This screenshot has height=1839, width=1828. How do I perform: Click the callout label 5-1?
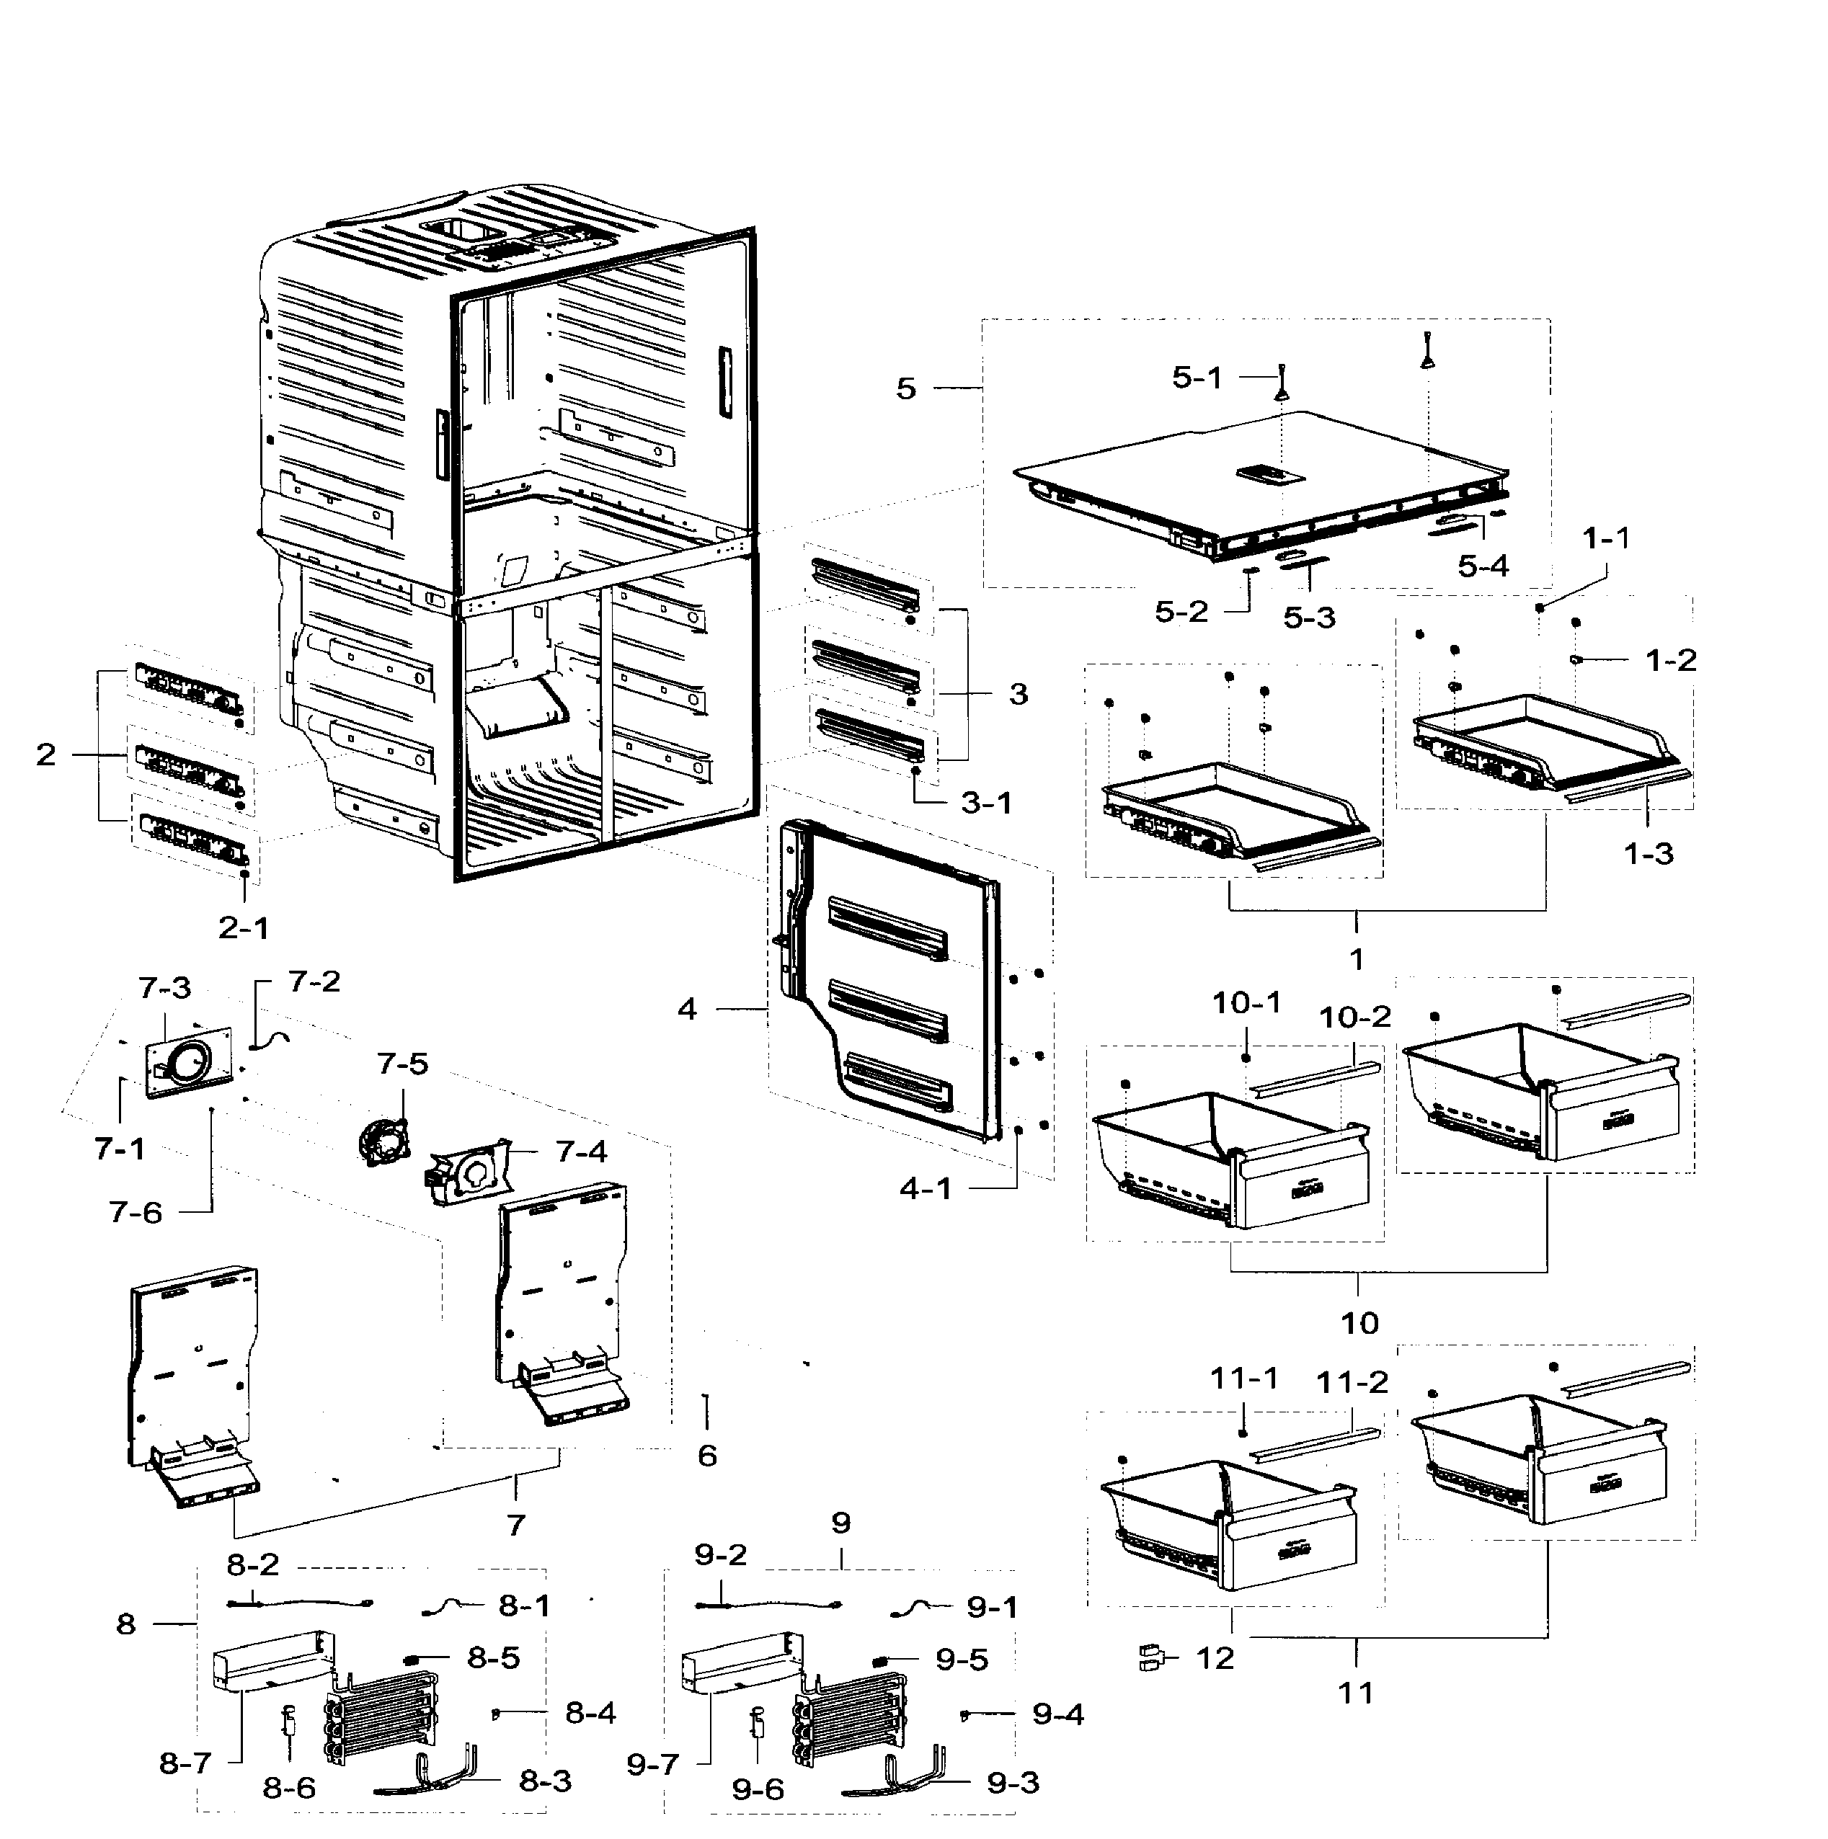(1196, 378)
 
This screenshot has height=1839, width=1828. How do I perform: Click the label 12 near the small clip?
(1214, 1658)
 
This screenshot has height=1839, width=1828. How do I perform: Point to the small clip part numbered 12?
(1152, 1658)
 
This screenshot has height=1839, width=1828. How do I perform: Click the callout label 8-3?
(545, 1781)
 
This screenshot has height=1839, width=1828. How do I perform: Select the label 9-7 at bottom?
(652, 1765)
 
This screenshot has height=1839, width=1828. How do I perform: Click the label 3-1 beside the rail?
(985, 803)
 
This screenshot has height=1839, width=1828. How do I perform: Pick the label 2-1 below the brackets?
(244, 927)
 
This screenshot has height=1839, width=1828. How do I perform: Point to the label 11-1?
(1243, 1379)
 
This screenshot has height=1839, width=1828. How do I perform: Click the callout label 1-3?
(1648, 853)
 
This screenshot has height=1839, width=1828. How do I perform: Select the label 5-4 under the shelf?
(1483, 566)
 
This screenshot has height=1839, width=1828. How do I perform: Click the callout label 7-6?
(136, 1213)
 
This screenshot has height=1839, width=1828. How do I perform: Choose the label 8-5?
(493, 1657)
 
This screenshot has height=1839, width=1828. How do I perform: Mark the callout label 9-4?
(1057, 1714)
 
